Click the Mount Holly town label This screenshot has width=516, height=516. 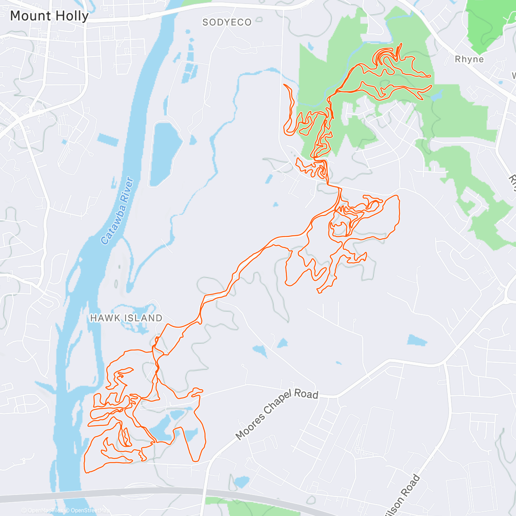click(49, 16)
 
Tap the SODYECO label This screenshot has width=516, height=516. click(227, 22)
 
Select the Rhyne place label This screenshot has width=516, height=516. click(469, 59)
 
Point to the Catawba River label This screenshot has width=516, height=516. click(118, 211)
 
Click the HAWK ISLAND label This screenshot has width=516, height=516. click(126, 318)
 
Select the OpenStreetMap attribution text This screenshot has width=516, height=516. click(89, 511)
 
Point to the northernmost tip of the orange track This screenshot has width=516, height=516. click(401, 43)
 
